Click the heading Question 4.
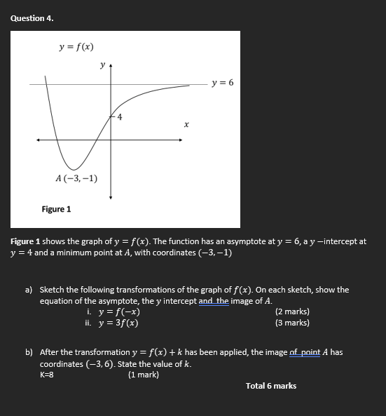coord(32,18)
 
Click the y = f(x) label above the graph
coord(76,47)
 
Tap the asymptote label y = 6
coord(223,83)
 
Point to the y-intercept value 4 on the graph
coord(120,117)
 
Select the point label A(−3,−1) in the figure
coord(76,178)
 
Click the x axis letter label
coord(186,125)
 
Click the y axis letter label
coord(102,65)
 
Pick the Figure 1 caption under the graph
coord(56,209)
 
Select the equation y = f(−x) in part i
coord(119,311)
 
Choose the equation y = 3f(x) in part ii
coord(118,323)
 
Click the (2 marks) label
coord(292,311)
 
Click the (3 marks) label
coord(292,323)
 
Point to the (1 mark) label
coord(144,375)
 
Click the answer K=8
coord(47,375)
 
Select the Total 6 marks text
coord(271,386)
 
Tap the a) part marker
coord(29,290)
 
